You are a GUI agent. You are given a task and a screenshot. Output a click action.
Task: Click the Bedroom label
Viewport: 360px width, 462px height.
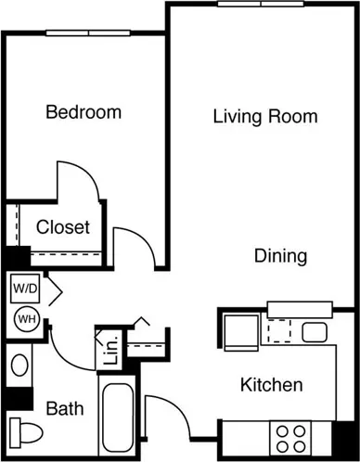click(84, 112)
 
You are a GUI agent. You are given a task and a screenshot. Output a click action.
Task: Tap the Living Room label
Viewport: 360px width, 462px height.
click(265, 117)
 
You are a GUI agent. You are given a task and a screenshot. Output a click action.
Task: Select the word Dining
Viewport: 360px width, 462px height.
click(281, 256)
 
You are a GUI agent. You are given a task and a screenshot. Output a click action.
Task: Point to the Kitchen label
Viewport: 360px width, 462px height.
click(272, 385)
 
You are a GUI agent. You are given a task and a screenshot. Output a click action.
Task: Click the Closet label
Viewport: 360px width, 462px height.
click(63, 227)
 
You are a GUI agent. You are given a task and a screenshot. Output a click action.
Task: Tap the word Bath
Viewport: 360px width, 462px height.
click(65, 408)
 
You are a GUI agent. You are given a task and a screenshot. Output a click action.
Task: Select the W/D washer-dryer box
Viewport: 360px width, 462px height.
click(25, 289)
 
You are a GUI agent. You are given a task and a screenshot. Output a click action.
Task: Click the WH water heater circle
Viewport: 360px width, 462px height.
click(27, 319)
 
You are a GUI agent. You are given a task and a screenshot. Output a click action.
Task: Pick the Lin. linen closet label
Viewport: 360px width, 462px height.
click(111, 350)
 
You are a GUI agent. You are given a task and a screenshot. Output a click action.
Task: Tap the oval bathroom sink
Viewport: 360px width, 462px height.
click(19, 365)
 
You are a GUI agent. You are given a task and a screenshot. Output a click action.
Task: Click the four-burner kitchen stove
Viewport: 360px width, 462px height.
click(290, 439)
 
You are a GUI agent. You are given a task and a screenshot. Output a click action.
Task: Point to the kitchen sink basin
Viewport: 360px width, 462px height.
click(315, 332)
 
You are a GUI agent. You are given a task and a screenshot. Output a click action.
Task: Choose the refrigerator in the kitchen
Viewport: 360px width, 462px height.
click(241, 333)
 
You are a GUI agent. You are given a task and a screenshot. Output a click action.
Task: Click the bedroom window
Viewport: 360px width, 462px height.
click(88, 32)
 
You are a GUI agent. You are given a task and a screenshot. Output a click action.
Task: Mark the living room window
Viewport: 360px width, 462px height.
click(261, 4)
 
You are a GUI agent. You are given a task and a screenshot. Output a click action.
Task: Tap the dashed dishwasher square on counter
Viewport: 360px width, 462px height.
click(279, 330)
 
